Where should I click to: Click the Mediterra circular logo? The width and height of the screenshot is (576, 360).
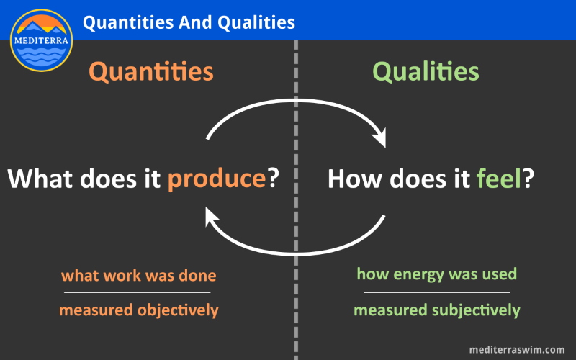(41, 40)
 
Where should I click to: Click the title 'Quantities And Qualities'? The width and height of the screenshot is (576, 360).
(189, 22)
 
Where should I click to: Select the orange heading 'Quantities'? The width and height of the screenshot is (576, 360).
(151, 71)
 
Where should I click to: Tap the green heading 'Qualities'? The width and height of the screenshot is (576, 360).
(426, 71)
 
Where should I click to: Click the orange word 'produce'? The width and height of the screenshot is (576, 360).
(217, 179)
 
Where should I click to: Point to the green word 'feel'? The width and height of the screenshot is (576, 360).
(499, 178)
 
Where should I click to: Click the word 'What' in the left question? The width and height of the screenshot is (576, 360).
(40, 178)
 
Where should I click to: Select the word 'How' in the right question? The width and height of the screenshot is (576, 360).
(354, 179)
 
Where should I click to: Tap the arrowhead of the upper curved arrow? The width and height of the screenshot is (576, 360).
(380, 138)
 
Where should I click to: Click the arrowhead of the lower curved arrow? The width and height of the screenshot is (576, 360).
(211, 217)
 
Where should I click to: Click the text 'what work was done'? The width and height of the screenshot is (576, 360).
(138, 276)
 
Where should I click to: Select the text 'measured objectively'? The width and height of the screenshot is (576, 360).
(138, 310)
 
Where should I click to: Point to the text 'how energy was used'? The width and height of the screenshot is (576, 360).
(437, 274)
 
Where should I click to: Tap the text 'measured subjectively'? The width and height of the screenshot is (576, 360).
(437, 310)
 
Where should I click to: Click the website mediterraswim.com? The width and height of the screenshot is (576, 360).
(517, 349)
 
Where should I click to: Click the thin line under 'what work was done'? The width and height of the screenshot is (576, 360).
(137, 292)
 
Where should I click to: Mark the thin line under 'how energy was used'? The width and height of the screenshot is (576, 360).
(437, 292)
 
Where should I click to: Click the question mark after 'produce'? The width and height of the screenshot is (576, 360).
(274, 178)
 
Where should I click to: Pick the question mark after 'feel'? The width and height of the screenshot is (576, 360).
(528, 178)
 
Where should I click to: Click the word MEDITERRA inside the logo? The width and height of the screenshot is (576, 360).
(41, 40)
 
